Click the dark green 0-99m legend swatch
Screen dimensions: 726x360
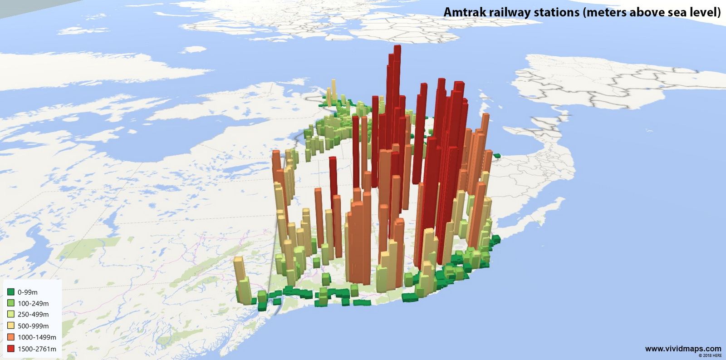tap(11, 292)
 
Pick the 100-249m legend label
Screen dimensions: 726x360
tap(33, 303)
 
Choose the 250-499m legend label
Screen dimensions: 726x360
tap(33, 314)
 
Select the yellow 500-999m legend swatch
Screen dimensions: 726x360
tap(11, 325)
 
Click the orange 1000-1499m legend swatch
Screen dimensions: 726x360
tap(11, 337)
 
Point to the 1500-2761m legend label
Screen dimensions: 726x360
tap(37, 349)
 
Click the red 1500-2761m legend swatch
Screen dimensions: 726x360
tap(11, 349)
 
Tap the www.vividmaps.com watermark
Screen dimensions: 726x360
tap(683, 349)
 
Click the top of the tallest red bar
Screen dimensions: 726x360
tap(397, 46)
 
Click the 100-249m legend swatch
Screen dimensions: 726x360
tap(11, 303)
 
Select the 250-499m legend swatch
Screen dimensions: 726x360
tap(11, 314)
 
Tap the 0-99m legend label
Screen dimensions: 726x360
tap(28, 292)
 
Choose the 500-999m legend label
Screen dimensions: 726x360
tap(33, 326)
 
